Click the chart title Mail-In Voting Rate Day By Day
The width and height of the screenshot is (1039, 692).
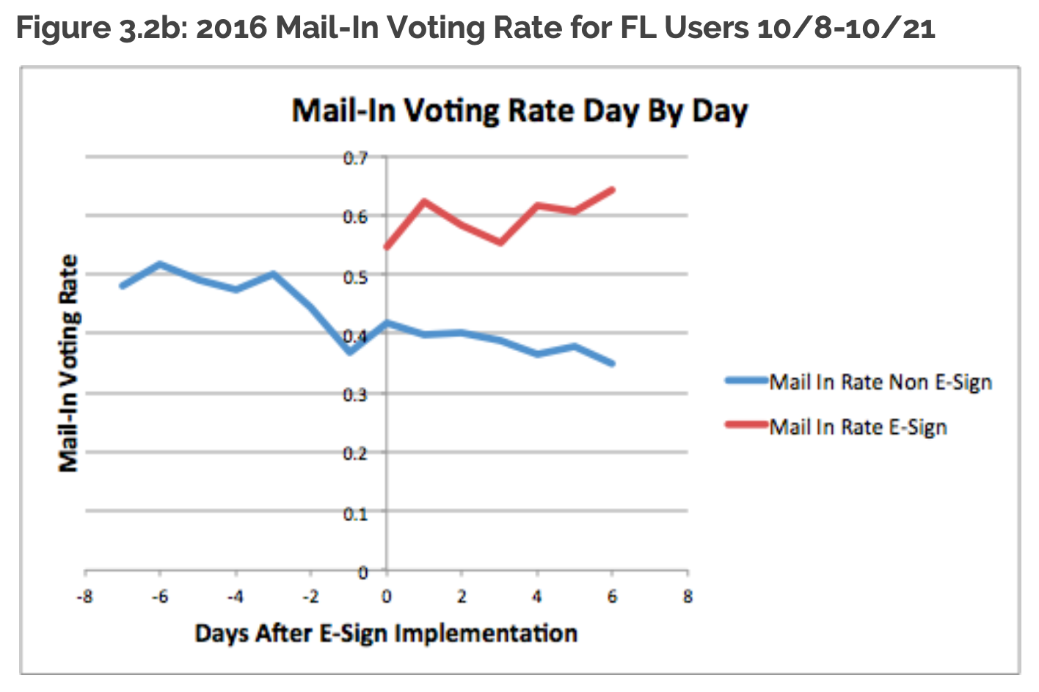(519, 112)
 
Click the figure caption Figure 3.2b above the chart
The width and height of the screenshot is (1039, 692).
(475, 28)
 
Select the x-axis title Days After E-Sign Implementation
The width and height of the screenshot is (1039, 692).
(386, 633)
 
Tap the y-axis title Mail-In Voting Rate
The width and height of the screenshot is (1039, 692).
(68, 364)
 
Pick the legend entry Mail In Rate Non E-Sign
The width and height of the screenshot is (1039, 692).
(880, 382)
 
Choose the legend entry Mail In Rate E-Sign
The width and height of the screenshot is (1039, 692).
(858, 427)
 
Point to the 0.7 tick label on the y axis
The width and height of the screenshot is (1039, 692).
(355, 158)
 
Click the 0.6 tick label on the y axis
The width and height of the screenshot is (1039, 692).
(355, 217)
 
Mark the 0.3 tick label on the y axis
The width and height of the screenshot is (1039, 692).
(355, 395)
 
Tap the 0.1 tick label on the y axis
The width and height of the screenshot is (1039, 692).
(355, 514)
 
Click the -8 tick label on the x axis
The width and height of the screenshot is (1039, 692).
(85, 597)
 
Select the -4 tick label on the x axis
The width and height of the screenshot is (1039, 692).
(235, 597)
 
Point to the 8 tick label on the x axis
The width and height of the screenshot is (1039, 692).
(688, 597)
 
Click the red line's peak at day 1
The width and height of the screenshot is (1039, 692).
(424, 201)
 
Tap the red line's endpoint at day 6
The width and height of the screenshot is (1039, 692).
(612, 190)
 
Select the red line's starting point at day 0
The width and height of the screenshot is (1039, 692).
(387, 247)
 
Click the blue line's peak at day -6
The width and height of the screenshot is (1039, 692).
(160, 264)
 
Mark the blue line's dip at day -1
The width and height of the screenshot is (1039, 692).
(349, 352)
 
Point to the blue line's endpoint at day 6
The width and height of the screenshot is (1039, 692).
(612, 363)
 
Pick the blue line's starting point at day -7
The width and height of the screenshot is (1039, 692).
(123, 285)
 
